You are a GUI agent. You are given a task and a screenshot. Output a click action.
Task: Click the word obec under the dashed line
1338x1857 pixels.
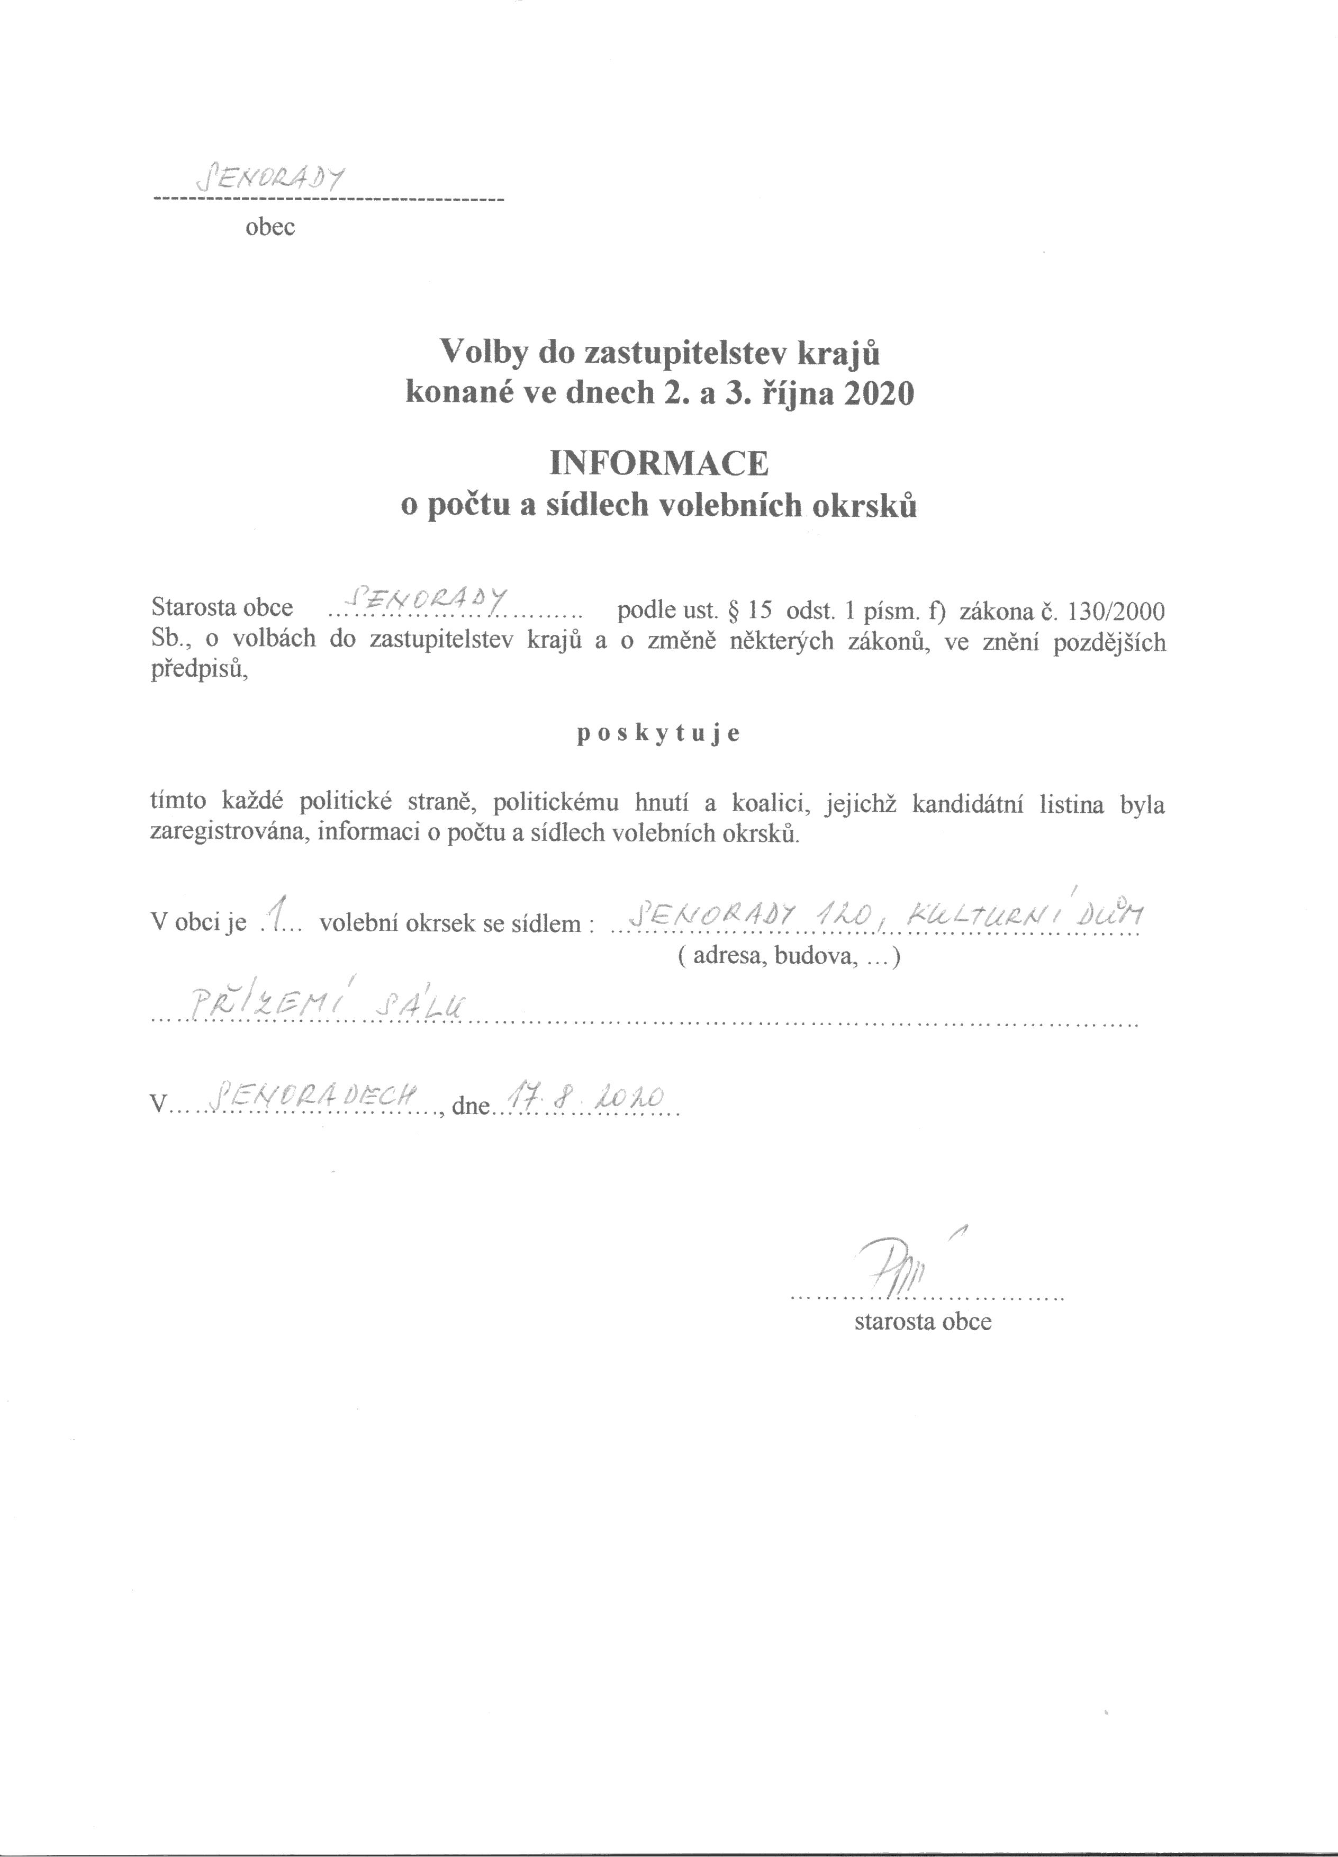click(269, 228)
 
